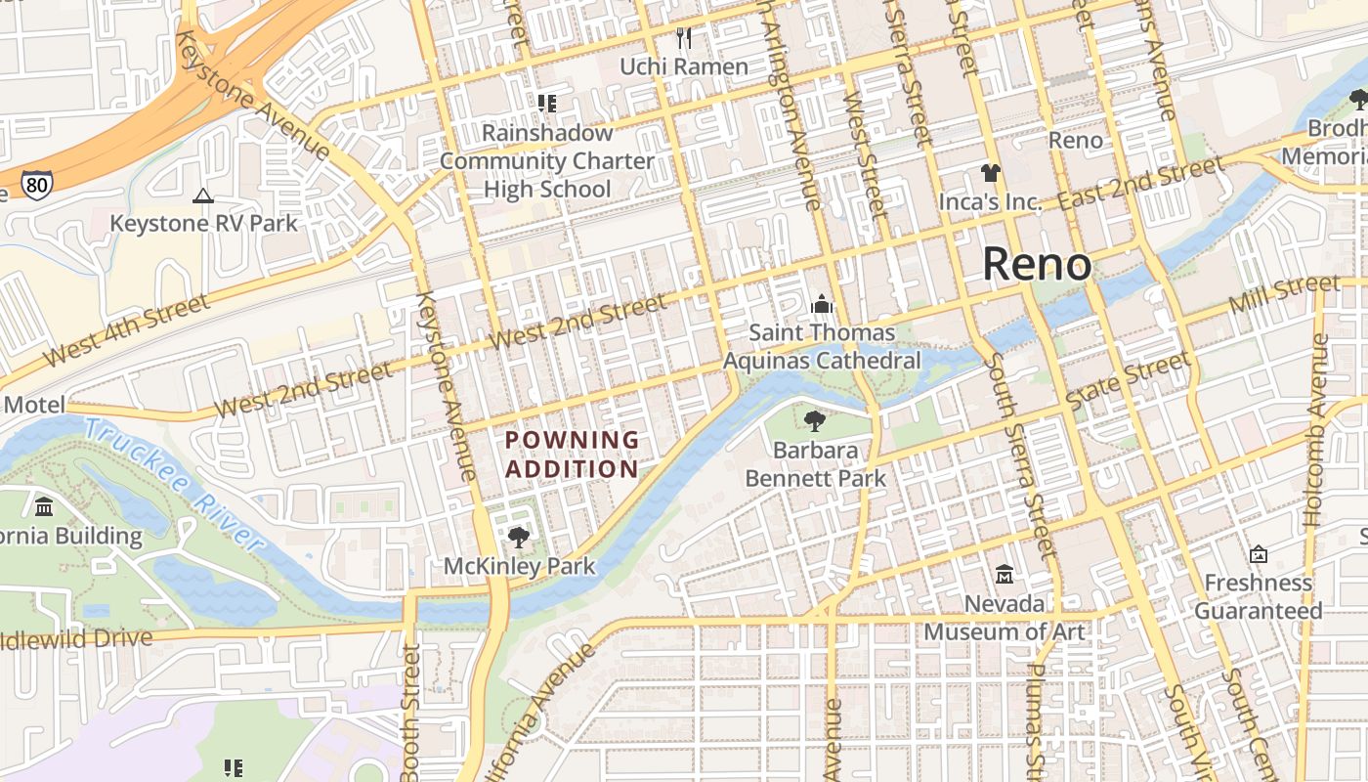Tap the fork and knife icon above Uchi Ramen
tap(684, 38)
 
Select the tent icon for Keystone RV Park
tap(203, 195)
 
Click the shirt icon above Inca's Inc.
tap(991, 173)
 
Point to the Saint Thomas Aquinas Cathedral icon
tap(822, 305)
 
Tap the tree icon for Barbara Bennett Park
tap(814, 421)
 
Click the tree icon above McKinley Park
tap(519, 537)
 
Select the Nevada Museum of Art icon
tap(1005, 575)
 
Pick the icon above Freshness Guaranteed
tap(1259, 554)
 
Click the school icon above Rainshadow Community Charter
tap(547, 103)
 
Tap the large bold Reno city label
tap(1036, 264)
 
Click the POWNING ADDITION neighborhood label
tap(573, 455)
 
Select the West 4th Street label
tap(127, 329)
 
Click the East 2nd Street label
tap(1140, 183)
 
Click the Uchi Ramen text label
tap(684, 66)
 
